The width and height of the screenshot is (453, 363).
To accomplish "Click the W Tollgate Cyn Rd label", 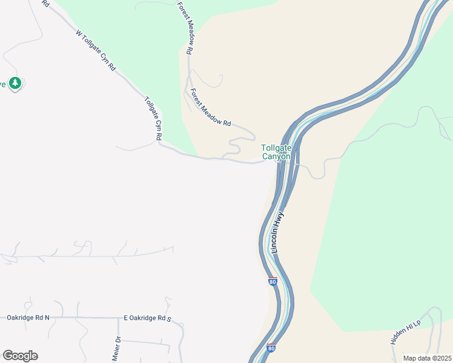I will (96, 52).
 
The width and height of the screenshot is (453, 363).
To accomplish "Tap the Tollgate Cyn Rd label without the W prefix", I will (153, 118).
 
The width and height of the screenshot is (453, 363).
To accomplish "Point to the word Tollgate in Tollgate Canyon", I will (276, 148).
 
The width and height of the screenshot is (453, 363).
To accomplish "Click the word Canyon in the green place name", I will (276, 157).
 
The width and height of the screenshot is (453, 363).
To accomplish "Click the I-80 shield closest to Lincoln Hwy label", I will (273, 281).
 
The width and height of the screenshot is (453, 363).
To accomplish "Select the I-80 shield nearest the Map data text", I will (271, 348).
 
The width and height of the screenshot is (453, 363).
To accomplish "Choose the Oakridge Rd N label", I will (28, 317).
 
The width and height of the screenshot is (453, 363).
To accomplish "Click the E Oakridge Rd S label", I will (148, 318).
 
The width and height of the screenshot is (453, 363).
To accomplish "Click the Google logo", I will (20, 356).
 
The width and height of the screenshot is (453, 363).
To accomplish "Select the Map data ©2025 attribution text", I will (426, 358).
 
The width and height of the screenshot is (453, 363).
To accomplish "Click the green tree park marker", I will (15, 83).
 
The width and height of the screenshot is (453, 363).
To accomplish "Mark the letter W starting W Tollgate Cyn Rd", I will (78, 34).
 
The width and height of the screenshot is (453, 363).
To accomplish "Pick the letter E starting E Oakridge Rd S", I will (126, 318).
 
